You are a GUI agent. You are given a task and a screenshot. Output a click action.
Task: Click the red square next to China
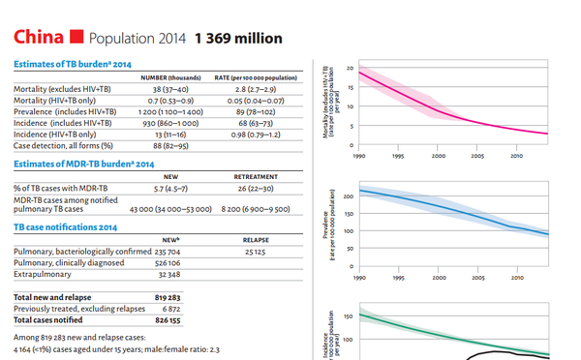tap(76, 37)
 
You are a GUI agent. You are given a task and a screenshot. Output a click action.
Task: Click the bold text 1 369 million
tap(238, 38)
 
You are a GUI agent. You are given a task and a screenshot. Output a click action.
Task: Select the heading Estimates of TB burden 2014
tap(73, 64)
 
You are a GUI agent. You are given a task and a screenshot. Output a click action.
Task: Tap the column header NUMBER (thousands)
tap(170, 77)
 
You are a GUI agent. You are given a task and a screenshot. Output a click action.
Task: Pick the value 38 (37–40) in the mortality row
tap(170, 89)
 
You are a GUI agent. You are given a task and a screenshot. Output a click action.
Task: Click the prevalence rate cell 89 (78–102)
tap(256, 112)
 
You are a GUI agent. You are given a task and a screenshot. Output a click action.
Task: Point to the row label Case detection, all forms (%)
tap(63, 145)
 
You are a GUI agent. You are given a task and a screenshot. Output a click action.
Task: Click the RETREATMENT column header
tap(256, 177)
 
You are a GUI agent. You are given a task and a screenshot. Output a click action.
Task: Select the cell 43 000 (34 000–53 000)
tap(170, 209)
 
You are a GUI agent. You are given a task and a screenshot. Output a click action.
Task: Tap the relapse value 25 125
tap(256, 252)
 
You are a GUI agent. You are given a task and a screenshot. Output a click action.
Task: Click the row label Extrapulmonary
tap(43, 274)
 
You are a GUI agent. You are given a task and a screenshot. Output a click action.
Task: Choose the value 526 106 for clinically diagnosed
tap(168, 263)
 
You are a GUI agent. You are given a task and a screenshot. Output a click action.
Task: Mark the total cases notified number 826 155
tap(168, 320)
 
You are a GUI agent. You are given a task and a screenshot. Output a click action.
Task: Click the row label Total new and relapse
tap(52, 297)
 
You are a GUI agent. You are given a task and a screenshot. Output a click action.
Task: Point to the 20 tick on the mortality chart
tap(351, 68)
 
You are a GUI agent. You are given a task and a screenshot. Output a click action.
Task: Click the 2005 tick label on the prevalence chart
tap(478, 278)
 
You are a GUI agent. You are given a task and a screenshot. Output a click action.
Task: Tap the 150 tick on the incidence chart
tap(349, 316)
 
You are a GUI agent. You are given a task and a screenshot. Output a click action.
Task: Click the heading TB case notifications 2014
tap(66, 227)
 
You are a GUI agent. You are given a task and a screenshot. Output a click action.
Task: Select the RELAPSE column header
tap(256, 240)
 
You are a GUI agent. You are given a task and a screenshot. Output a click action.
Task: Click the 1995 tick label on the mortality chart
tap(398, 156)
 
